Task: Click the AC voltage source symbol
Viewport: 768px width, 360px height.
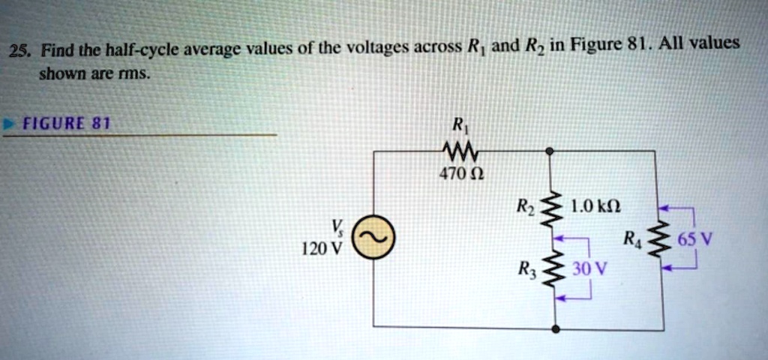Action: (x=371, y=238)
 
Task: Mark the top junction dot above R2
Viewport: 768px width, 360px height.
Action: (x=550, y=151)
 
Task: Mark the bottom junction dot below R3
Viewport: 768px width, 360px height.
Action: (x=555, y=328)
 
